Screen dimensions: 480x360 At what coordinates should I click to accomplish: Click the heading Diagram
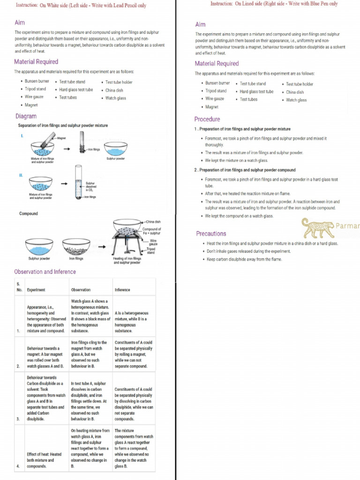click(x=26, y=116)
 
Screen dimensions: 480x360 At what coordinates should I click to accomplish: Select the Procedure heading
click(x=207, y=119)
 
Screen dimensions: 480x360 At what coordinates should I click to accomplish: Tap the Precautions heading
click(x=211, y=233)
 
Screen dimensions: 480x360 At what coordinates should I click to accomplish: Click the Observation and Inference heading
click(x=45, y=272)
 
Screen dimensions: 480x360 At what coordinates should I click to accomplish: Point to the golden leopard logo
click(x=318, y=228)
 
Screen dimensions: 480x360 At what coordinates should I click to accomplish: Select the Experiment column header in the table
click(x=36, y=290)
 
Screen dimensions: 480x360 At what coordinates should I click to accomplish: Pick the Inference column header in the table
click(x=122, y=290)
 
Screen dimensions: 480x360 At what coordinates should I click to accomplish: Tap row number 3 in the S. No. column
click(x=18, y=419)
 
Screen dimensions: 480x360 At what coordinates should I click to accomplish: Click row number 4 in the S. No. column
click(x=18, y=466)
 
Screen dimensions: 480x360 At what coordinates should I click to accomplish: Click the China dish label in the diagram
click(x=153, y=222)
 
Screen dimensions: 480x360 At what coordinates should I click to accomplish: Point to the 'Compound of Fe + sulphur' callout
click(x=151, y=231)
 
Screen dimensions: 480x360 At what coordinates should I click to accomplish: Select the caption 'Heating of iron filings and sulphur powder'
click(x=127, y=260)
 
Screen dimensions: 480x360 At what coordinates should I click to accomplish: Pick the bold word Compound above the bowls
click(x=29, y=214)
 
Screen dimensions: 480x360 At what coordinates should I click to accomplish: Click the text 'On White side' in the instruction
click(x=53, y=6)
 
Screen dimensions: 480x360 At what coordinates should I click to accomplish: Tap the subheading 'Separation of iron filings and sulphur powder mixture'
click(x=63, y=126)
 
